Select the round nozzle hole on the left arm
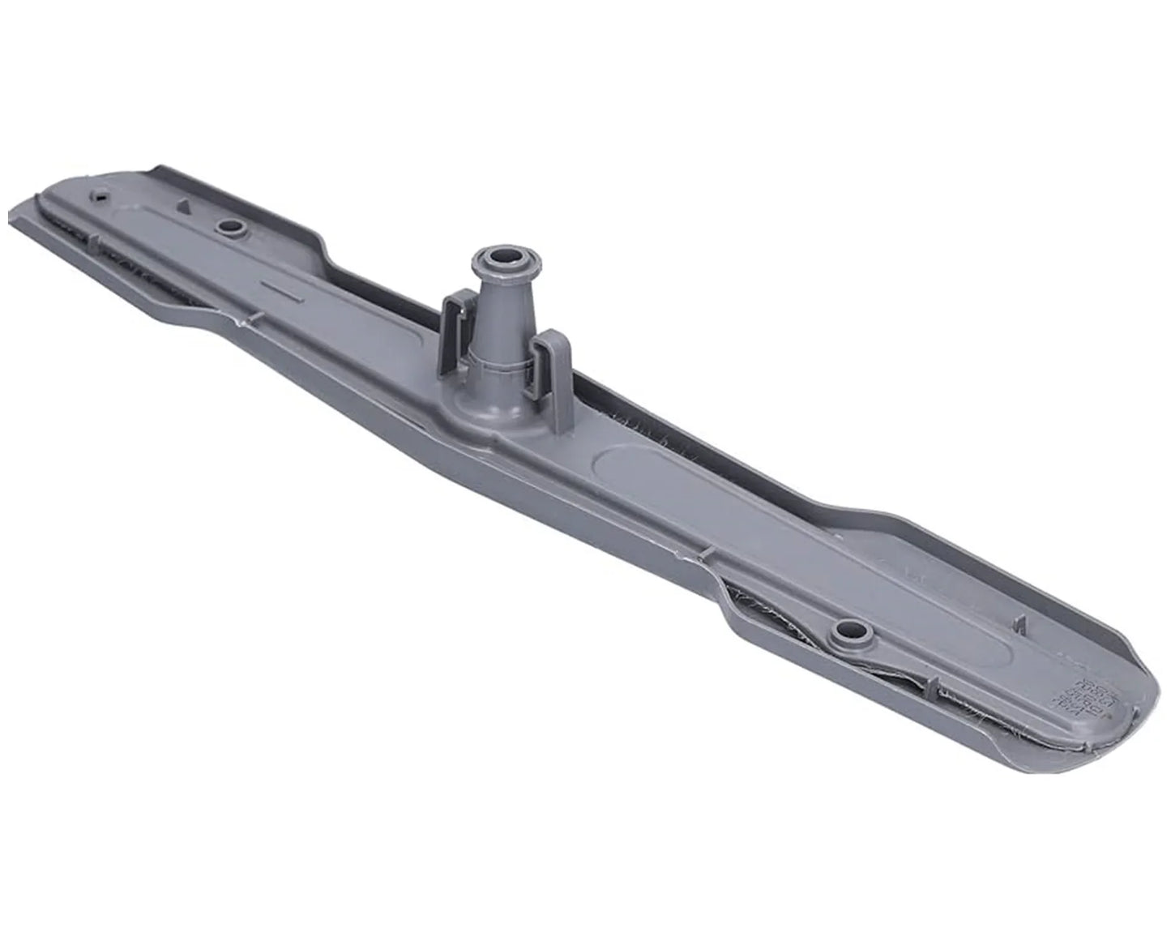[x=230, y=228]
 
